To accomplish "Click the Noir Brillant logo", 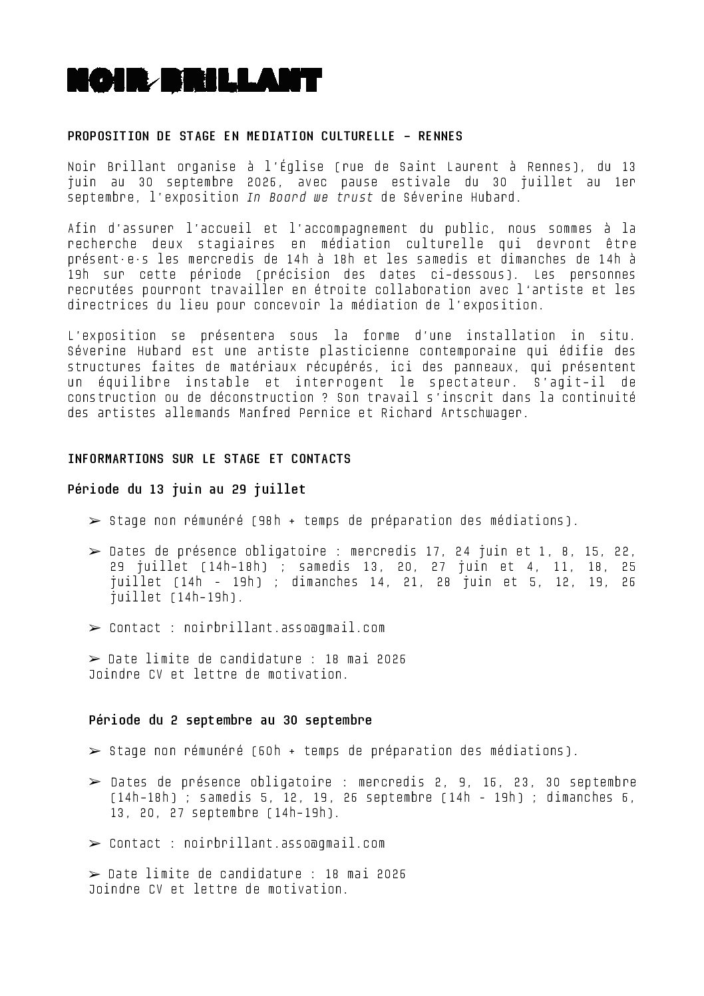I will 194,80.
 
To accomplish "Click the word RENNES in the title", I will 440,136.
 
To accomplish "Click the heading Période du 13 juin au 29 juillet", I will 186,490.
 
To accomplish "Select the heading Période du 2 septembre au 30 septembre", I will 230,721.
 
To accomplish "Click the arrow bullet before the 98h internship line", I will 94,521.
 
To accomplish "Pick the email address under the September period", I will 284,844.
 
